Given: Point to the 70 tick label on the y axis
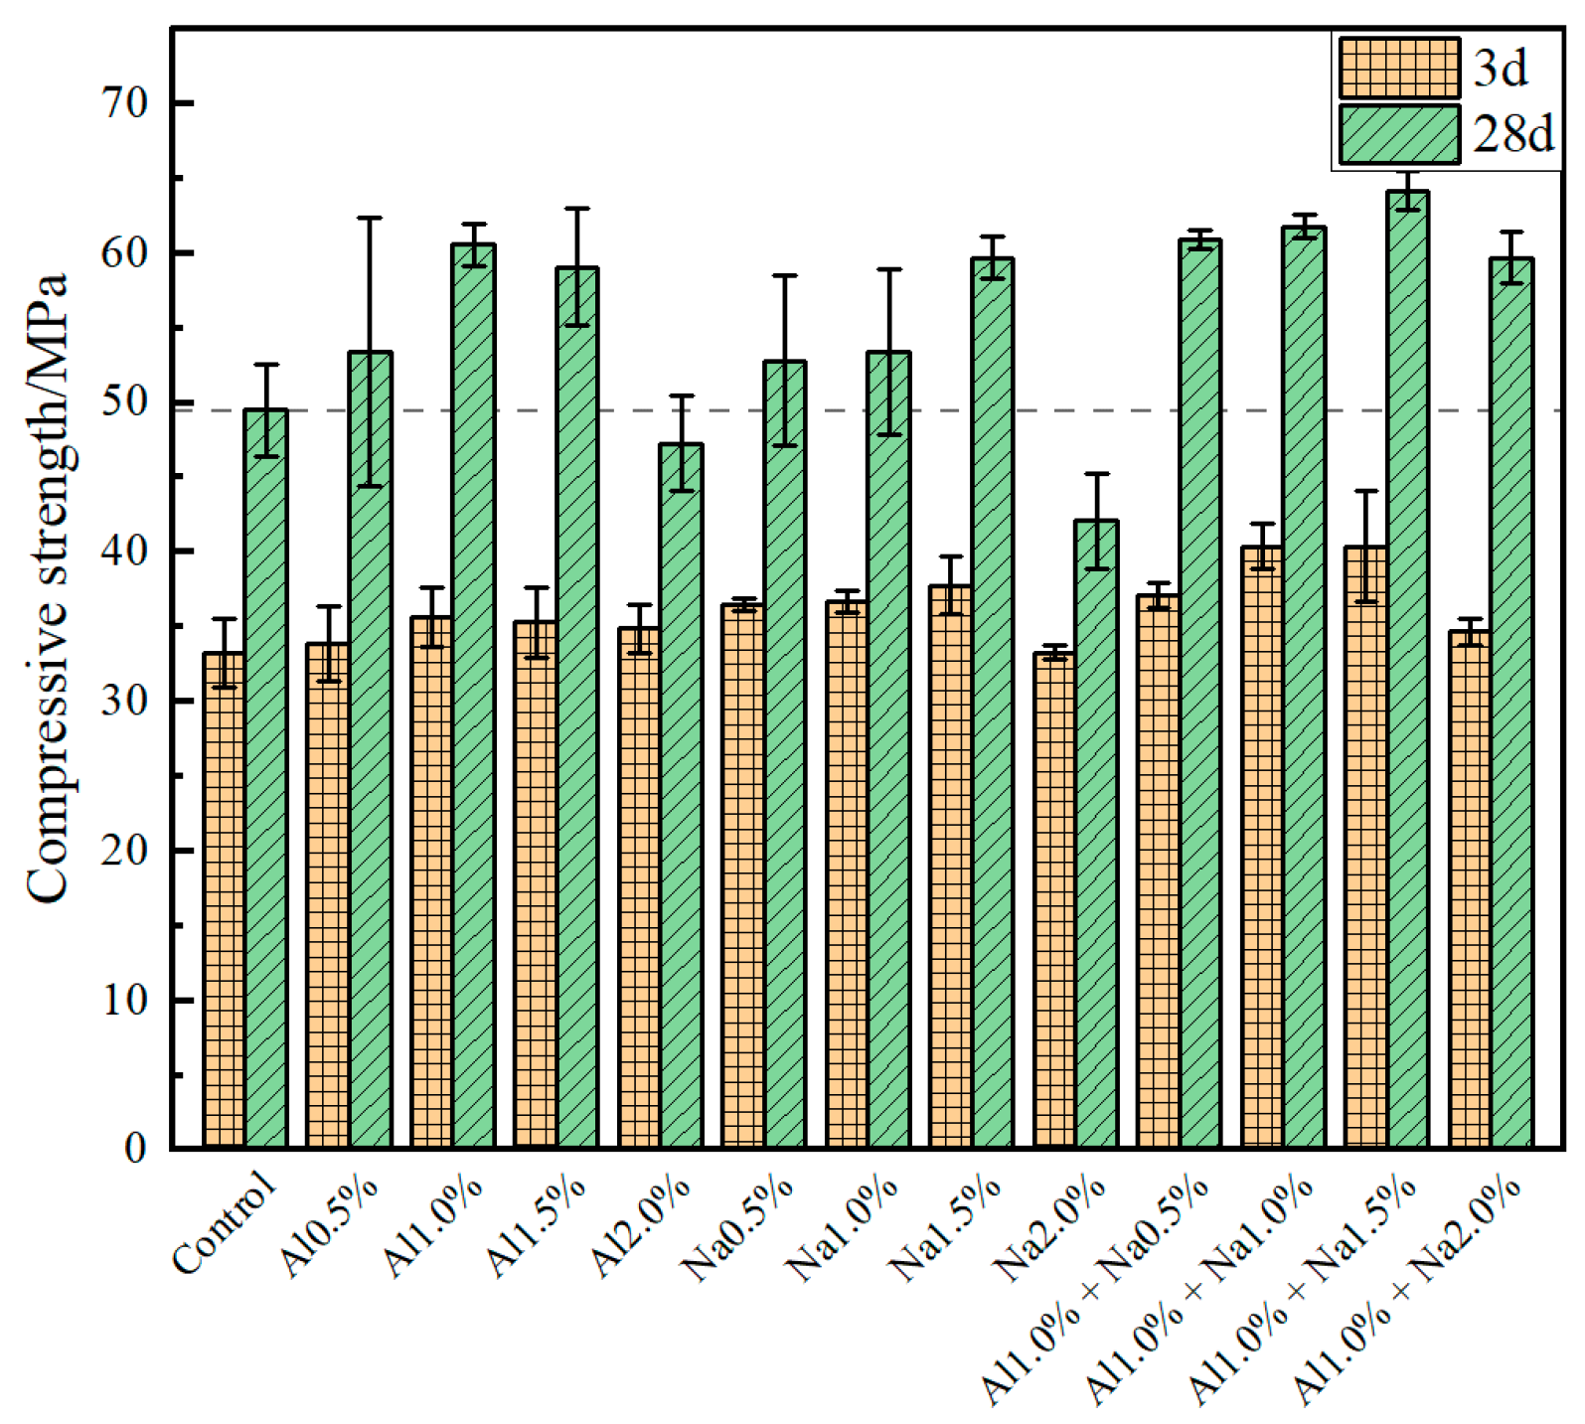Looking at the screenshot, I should (x=124, y=103).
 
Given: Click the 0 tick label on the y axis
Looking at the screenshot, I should (x=135, y=1149).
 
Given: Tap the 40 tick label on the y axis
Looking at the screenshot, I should (x=124, y=552).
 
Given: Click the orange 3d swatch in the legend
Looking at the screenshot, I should (x=1399, y=68).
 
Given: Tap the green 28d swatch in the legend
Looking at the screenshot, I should (x=1399, y=134).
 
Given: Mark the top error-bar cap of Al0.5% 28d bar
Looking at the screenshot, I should (x=370, y=218).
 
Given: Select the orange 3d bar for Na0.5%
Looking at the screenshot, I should (x=743, y=875).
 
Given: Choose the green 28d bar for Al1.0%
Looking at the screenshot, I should (x=473, y=696).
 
